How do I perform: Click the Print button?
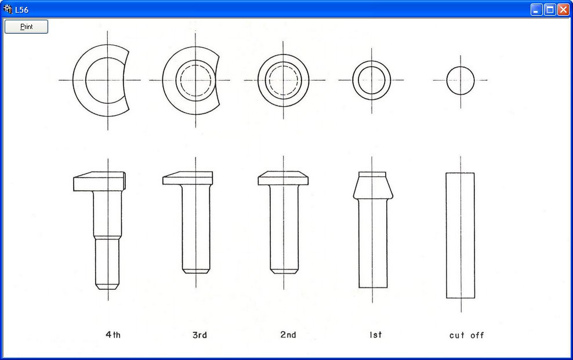26,27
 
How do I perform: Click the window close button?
563,9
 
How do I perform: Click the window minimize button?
536,9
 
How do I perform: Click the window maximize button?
550,9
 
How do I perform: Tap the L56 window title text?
21,10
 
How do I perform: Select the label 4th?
113,334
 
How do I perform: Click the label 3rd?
200,335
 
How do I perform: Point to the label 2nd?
288,334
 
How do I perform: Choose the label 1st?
375,334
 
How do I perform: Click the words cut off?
467,335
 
